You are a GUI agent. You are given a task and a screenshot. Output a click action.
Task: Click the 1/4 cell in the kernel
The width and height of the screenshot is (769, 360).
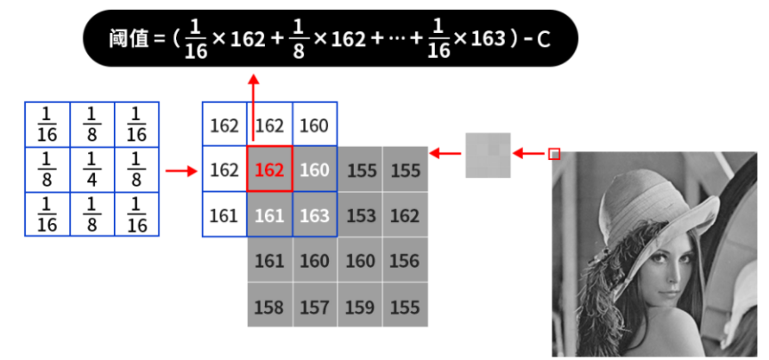(x=92, y=169)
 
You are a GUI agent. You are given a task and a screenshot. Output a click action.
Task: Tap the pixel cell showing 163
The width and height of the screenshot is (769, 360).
(x=315, y=215)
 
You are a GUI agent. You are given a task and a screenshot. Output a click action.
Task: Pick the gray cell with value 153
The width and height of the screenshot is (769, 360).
(x=360, y=215)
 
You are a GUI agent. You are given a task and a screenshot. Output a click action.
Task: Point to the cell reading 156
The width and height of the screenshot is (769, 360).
(x=405, y=261)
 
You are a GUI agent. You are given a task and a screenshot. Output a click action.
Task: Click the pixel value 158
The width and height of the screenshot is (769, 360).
(x=269, y=307)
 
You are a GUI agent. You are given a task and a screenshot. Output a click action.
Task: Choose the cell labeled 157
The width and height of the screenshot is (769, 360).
(x=315, y=307)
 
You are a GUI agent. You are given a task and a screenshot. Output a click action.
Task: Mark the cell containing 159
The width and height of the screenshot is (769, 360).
(x=360, y=307)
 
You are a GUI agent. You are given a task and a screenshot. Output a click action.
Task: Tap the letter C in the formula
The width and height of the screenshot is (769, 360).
(x=544, y=39)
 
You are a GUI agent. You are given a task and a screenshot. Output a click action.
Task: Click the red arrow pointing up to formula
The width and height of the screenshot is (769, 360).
(x=253, y=107)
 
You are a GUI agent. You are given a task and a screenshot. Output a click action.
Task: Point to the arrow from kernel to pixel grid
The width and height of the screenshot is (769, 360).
(x=182, y=169)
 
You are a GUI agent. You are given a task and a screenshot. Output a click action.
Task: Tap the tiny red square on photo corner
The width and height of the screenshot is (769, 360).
(x=554, y=154)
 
